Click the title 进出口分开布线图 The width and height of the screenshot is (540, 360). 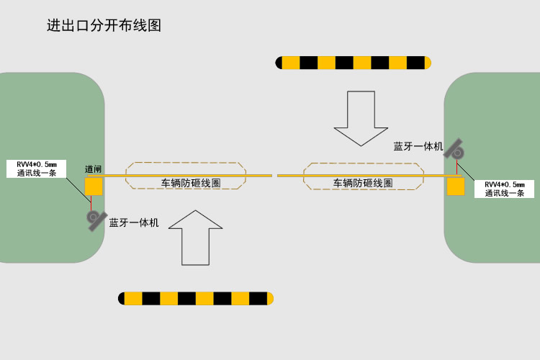coord(104,26)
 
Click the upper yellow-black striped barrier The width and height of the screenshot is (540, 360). coord(354,63)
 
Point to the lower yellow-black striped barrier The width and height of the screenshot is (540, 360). coord(196,298)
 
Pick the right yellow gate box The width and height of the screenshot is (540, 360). coord(456,187)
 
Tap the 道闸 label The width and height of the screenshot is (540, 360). coord(93,170)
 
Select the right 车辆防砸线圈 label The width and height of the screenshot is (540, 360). coord(363,183)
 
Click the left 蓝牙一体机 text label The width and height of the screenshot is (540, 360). coord(134,222)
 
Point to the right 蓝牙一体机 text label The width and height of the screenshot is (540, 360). coord(418,146)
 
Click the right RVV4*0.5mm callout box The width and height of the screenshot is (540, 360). coord(504,189)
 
